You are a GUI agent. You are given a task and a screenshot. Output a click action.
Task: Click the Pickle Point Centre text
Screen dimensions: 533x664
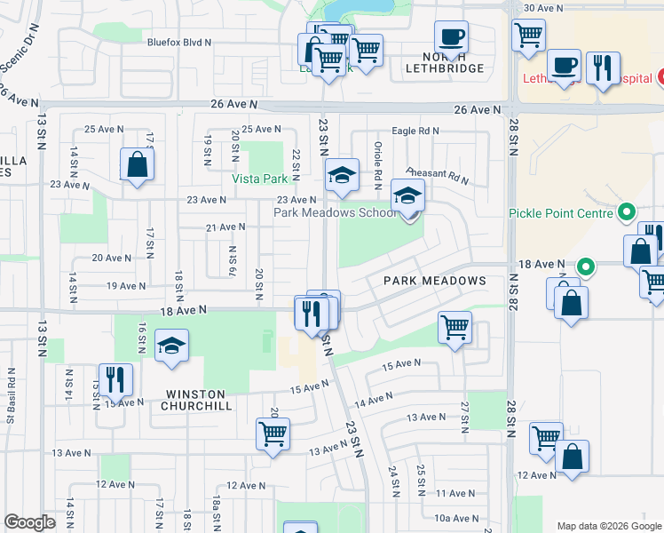[x=561, y=213]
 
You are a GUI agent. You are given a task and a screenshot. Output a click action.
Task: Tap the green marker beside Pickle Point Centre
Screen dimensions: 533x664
[x=627, y=213]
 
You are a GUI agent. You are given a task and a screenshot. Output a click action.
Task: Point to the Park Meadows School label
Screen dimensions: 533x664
[x=336, y=213]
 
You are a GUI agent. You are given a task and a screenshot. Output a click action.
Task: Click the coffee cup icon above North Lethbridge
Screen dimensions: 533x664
[x=452, y=38]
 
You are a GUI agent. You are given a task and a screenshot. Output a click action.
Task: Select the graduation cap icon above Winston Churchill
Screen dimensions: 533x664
[x=172, y=346]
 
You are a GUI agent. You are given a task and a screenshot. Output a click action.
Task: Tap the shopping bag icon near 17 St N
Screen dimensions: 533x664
[x=138, y=164]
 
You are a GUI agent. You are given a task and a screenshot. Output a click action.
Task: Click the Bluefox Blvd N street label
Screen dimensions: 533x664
[x=180, y=42]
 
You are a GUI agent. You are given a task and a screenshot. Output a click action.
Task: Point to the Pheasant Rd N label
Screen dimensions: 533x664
[x=437, y=175]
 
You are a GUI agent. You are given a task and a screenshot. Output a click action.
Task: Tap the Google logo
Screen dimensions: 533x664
[x=30, y=522]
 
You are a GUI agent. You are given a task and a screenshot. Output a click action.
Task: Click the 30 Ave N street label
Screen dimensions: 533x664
[x=543, y=8]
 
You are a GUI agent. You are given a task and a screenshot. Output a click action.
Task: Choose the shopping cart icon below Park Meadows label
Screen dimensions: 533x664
[x=455, y=328]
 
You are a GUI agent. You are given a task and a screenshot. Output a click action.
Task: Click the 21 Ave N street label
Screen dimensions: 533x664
[x=225, y=228]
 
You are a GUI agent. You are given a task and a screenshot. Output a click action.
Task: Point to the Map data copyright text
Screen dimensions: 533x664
[x=610, y=525]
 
